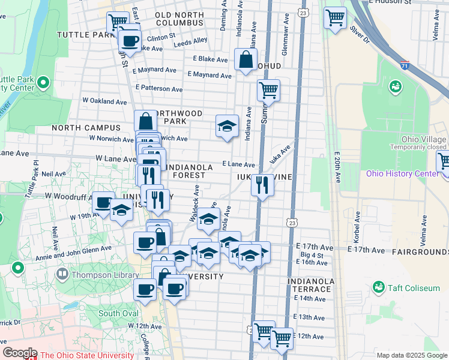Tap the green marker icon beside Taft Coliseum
coord(379,288)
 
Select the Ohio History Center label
coord(402,174)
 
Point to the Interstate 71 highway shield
coord(406,65)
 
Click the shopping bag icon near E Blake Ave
coord(246,59)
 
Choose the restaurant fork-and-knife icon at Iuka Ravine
coord(262,184)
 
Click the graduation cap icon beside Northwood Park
coord(226,126)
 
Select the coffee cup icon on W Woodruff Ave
coord(104,203)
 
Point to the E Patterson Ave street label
coord(159,88)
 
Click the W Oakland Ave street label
coord(102,100)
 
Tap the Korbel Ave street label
coord(358,221)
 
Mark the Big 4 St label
coord(312,255)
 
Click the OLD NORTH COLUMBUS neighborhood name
coord(179,19)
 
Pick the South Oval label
coord(118,313)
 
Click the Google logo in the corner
coord(19,353)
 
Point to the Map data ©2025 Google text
coord(411,355)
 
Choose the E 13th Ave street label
coord(310,317)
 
